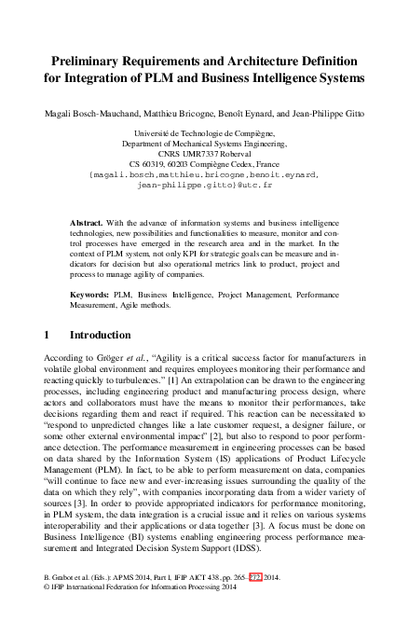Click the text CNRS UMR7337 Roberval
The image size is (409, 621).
(x=204, y=154)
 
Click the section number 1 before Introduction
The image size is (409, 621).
(x=48, y=334)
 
